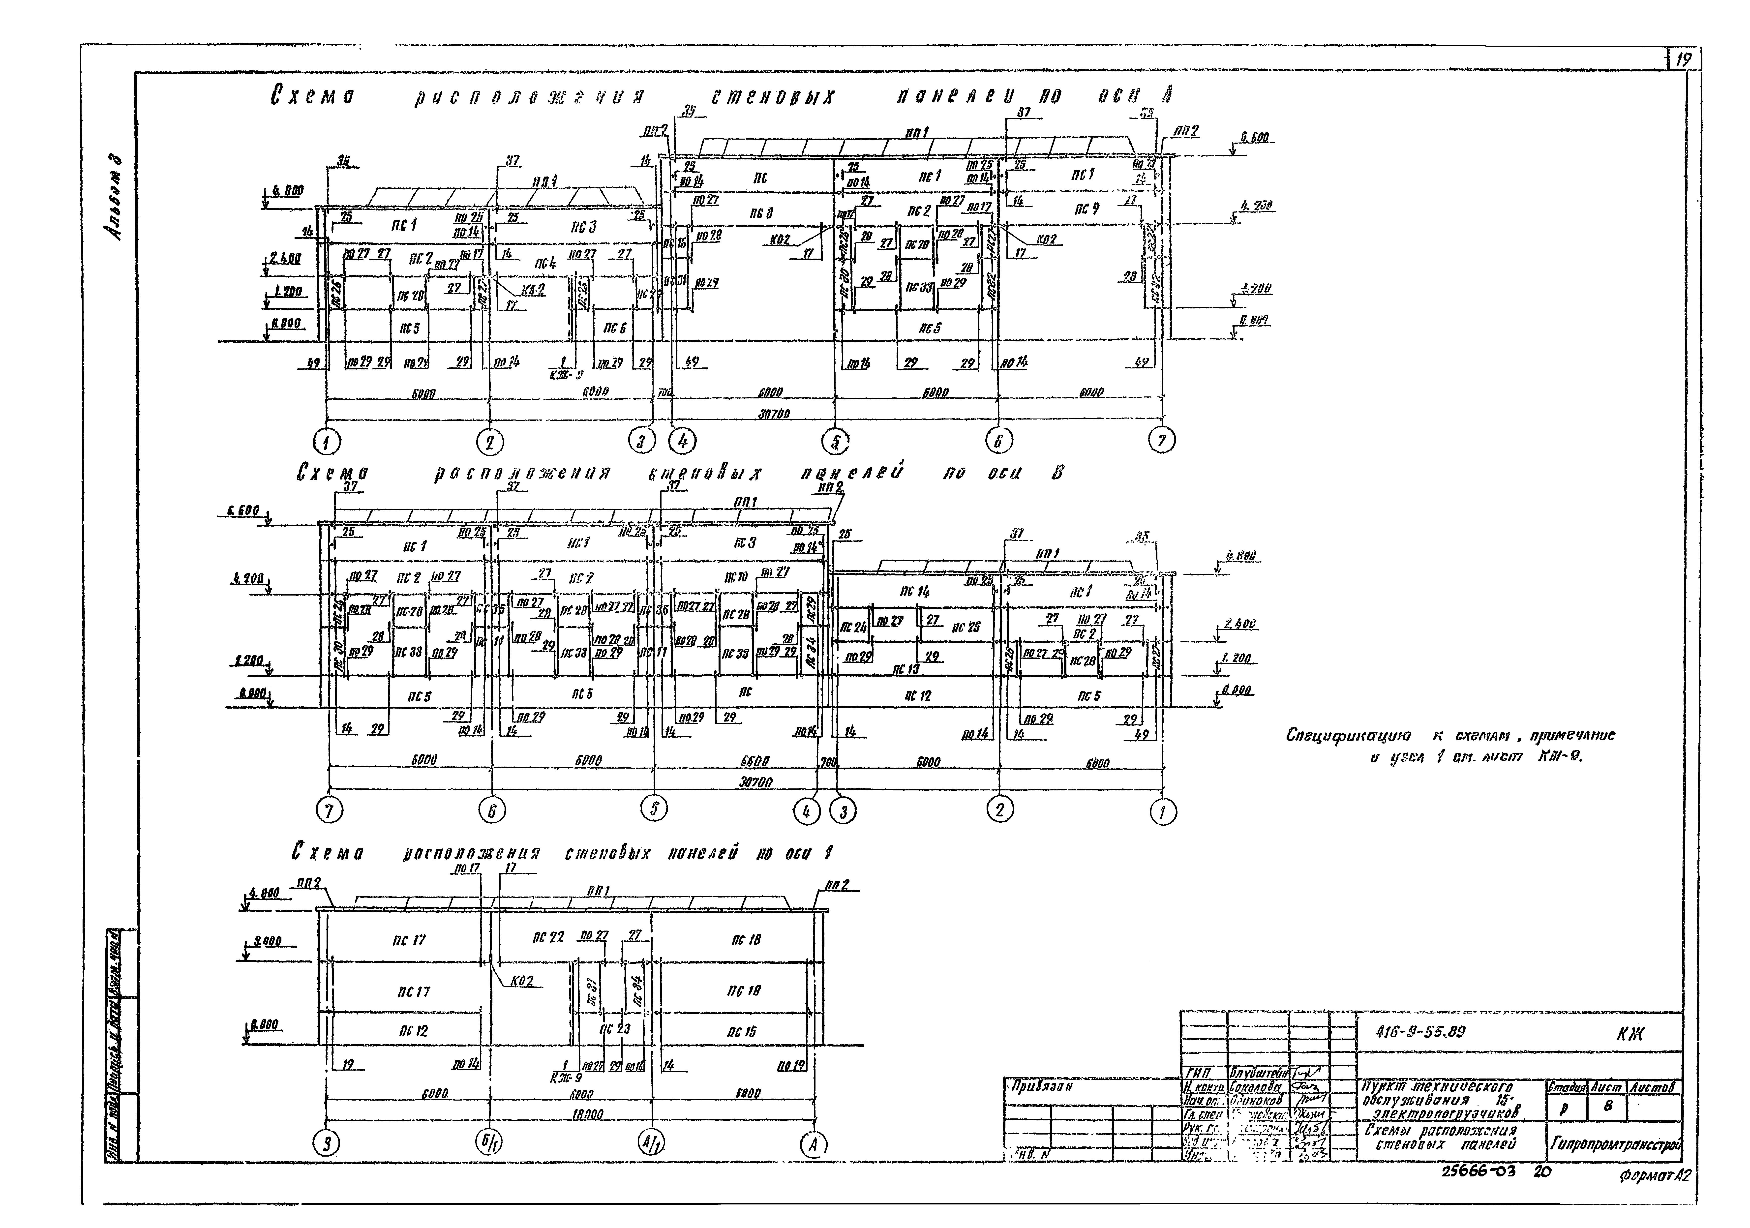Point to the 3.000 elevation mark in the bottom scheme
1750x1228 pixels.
tap(266, 941)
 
